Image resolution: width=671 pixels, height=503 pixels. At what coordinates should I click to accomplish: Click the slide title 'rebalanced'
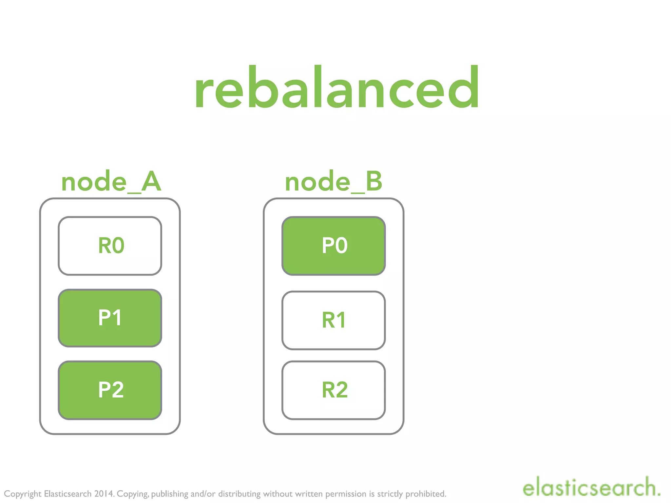(337, 87)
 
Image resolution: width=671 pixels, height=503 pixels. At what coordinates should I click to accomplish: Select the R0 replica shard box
(110, 246)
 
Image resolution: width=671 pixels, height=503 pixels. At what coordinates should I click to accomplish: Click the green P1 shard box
(110, 318)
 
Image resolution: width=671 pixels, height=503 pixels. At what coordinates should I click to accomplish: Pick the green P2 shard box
(110, 390)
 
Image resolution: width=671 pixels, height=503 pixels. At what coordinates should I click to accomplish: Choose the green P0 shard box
(334, 246)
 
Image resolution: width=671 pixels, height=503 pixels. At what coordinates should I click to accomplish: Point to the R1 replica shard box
(334, 320)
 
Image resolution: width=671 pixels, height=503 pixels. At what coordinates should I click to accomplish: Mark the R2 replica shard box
(334, 390)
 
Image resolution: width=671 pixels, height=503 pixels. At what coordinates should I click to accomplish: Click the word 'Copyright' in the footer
(23, 494)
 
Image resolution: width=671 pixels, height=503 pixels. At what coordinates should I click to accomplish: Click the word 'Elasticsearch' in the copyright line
(68, 494)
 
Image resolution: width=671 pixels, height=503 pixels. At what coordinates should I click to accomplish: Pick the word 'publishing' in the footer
(170, 494)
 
